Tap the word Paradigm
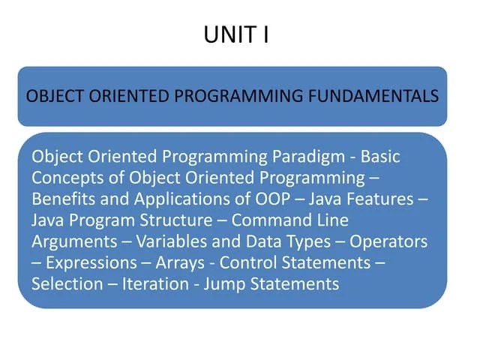coord(306,157)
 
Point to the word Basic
coord(381,157)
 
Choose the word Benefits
coord(63,199)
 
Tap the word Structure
coord(180,220)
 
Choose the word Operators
coord(388,241)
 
